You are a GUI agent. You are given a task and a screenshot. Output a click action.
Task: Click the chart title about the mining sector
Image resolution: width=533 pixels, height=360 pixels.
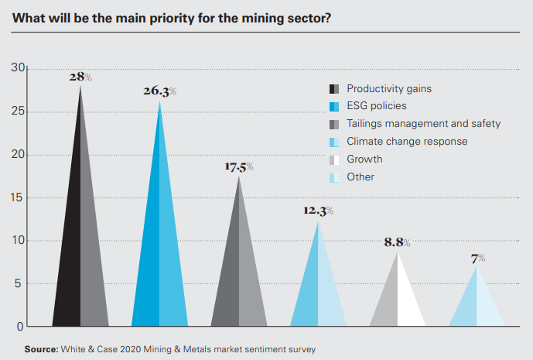click(173, 18)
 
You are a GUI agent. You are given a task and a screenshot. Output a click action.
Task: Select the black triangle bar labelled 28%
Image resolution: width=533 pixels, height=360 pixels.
click(80, 248)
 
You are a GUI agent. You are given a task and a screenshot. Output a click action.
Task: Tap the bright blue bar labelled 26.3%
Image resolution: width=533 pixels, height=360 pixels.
click(160, 255)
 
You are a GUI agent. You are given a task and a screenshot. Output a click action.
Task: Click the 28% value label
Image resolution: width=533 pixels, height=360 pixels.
click(80, 77)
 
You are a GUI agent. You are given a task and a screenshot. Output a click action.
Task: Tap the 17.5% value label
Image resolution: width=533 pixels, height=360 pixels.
click(239, 166)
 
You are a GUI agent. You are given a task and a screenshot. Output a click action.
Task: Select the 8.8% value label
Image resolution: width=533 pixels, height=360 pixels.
click(397, 242)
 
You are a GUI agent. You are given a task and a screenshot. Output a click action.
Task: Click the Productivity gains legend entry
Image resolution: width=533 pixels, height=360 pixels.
click(388, 88)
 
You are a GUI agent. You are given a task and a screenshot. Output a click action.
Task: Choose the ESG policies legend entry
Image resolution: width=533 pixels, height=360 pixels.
click(376, 106)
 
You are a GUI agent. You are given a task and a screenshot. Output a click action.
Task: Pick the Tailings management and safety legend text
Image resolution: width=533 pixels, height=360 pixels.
click(423, 124)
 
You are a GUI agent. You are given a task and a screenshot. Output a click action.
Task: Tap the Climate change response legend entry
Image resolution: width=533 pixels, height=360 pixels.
click(407, 142)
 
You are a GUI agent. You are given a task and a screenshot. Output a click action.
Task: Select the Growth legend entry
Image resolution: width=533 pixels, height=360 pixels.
click(364, 159)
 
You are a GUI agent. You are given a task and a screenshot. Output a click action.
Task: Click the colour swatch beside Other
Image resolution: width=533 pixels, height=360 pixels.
click(334, 177)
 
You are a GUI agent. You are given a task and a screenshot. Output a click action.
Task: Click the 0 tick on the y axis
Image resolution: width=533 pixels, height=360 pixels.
click(19, 326)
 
